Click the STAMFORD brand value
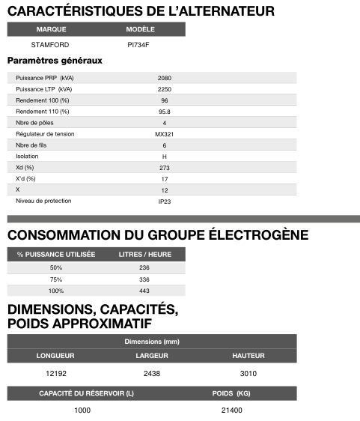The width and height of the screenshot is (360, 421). pos(50,44)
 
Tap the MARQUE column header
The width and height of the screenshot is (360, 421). pos(51,29)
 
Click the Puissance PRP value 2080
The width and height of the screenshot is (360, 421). pos(165,78)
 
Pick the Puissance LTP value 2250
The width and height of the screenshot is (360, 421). pos(165,89)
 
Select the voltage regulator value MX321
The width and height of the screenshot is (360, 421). pos(165,134)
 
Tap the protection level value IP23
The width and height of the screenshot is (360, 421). pos(165,202)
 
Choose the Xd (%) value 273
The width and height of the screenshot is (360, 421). pos(165,168)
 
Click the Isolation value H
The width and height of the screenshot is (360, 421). pos(165,157)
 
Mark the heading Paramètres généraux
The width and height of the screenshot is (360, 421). pos(55,61)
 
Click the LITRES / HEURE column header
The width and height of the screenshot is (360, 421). pos(145,255)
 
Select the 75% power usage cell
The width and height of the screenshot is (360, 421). pos(56,279)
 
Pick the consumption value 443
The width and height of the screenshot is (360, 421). pos(145,291)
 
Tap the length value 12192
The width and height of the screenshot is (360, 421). pos(57,373)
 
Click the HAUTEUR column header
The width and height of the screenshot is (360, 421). pos(248,355)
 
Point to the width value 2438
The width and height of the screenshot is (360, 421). pos(151,373)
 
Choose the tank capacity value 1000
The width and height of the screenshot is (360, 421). pos(82,411)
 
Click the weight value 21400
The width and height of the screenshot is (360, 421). pos(231,411)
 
